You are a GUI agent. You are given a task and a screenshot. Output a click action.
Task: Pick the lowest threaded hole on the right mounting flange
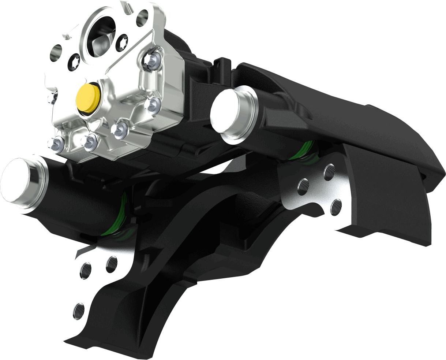336,207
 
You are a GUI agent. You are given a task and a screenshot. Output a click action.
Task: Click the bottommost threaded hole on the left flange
78,311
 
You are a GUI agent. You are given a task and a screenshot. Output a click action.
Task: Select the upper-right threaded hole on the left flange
112,264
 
